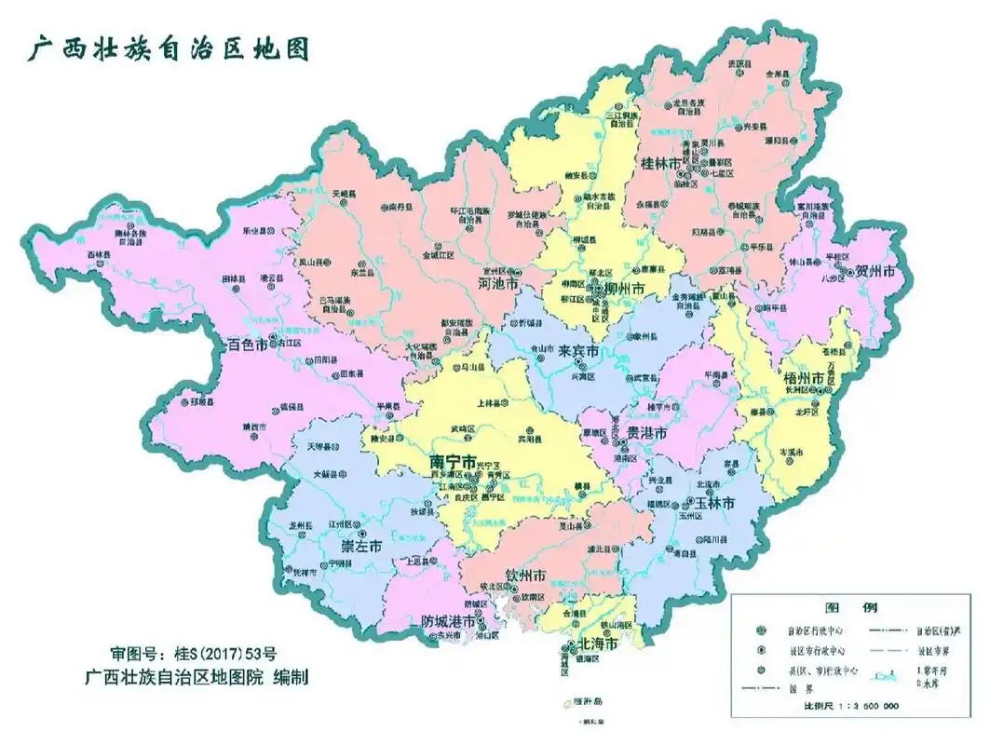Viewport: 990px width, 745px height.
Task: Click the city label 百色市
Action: [248, 345]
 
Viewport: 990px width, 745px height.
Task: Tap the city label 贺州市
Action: [875, 272]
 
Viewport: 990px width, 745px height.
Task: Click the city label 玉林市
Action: [715, 503]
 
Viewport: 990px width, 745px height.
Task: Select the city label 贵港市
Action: [645, 434]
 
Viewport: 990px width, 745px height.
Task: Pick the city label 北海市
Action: [597, 644]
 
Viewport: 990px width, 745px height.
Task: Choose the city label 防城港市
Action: [451, 621]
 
